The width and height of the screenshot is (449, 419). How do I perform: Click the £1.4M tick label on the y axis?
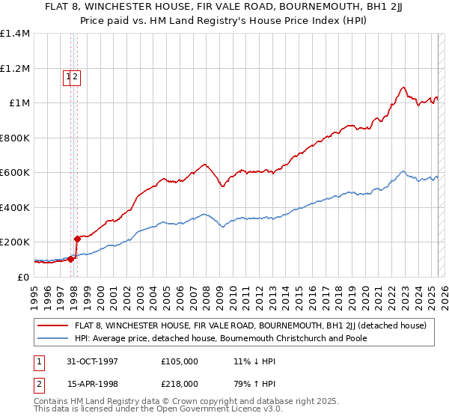[x=15, y=34]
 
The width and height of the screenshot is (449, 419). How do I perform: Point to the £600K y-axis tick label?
[x=15, y=173]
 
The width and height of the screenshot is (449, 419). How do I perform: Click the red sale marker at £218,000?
[x=77, y=239]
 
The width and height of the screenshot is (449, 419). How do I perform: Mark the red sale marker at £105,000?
[x=71, y=259]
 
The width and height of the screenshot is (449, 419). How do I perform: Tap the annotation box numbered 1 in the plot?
[x=68, y=76]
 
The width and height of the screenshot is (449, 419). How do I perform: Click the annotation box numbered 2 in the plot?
[x=76, y=76]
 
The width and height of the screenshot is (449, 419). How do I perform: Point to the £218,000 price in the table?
[x=179, y=384]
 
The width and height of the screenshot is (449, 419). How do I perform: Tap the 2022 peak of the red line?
[x=403, y=88]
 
